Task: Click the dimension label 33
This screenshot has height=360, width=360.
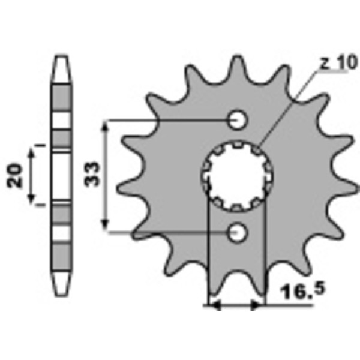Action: coord(92,174)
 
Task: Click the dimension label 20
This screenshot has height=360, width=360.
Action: coord(15,175)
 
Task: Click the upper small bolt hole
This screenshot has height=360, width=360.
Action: coord(237,120)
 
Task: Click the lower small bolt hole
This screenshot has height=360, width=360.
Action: coord(237,232)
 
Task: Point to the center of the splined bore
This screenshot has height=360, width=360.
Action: coord(237,176)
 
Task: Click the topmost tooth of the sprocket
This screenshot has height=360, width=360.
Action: coord(237,67)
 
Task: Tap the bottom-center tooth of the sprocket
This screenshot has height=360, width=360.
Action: coord(237,284)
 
